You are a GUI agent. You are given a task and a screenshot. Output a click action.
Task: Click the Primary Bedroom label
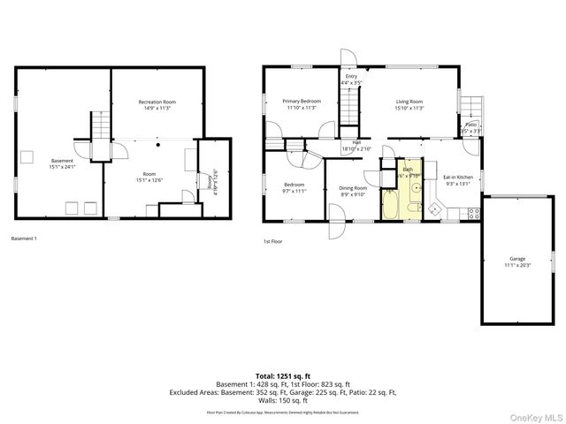(x=302, y=104)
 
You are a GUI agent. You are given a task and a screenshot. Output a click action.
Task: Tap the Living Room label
(x=409, y=104)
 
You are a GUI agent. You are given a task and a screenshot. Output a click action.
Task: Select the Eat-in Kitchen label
(x=459, y=180)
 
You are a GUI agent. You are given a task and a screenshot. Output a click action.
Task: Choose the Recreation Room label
(x=157, y=105)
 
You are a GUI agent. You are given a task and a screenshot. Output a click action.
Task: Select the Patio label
(x=471, y=127)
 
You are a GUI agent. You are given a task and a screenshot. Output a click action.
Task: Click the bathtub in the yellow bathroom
(x=390, y=206)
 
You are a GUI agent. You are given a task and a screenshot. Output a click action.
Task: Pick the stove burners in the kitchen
(x=473, y=212)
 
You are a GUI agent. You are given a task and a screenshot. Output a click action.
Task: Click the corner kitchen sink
(x=435, y=208)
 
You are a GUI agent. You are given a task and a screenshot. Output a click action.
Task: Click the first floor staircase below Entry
(x=351, y=110)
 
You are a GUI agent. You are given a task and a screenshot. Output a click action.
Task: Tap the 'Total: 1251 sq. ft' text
(x=284, y=376)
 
